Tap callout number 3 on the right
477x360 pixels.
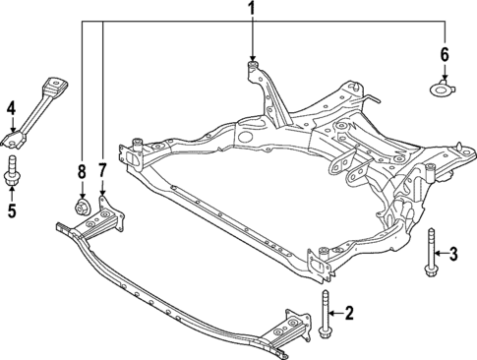point(453,256)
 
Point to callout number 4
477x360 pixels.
point(11,107)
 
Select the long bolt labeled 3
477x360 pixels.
point(429,254)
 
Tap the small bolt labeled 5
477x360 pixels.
point(13,170)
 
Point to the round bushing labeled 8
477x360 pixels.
point(82,207)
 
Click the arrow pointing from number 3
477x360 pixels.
point(440,256)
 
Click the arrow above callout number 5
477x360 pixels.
point(12,190)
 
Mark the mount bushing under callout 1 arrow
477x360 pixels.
point(251,67)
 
